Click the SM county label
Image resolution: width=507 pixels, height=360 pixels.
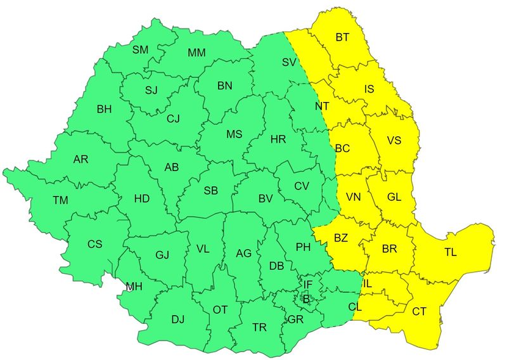click(140, 49)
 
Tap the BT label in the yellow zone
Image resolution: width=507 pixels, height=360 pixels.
click(342, 37)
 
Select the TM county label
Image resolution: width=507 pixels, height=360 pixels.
click(60, 200)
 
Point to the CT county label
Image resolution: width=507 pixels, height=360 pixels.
click(419, 311)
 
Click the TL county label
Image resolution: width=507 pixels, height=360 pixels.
click(450, 252)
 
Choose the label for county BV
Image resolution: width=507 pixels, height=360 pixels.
click(266, 198)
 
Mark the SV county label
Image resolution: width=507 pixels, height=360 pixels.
click(290, 62)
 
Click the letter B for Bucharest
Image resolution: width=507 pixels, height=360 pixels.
click(306, 298)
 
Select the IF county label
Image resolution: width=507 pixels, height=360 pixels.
click(308, 284)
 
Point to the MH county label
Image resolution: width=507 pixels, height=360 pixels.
click(134, 286)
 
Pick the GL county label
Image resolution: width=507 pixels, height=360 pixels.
click(394, 196)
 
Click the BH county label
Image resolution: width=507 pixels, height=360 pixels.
click(104, 109)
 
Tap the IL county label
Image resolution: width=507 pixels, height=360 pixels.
click(368, 283)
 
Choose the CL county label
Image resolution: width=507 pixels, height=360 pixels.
click(356, 307)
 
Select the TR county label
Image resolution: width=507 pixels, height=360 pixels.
click(259, 328)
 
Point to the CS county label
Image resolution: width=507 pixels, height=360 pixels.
click(94, 244)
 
